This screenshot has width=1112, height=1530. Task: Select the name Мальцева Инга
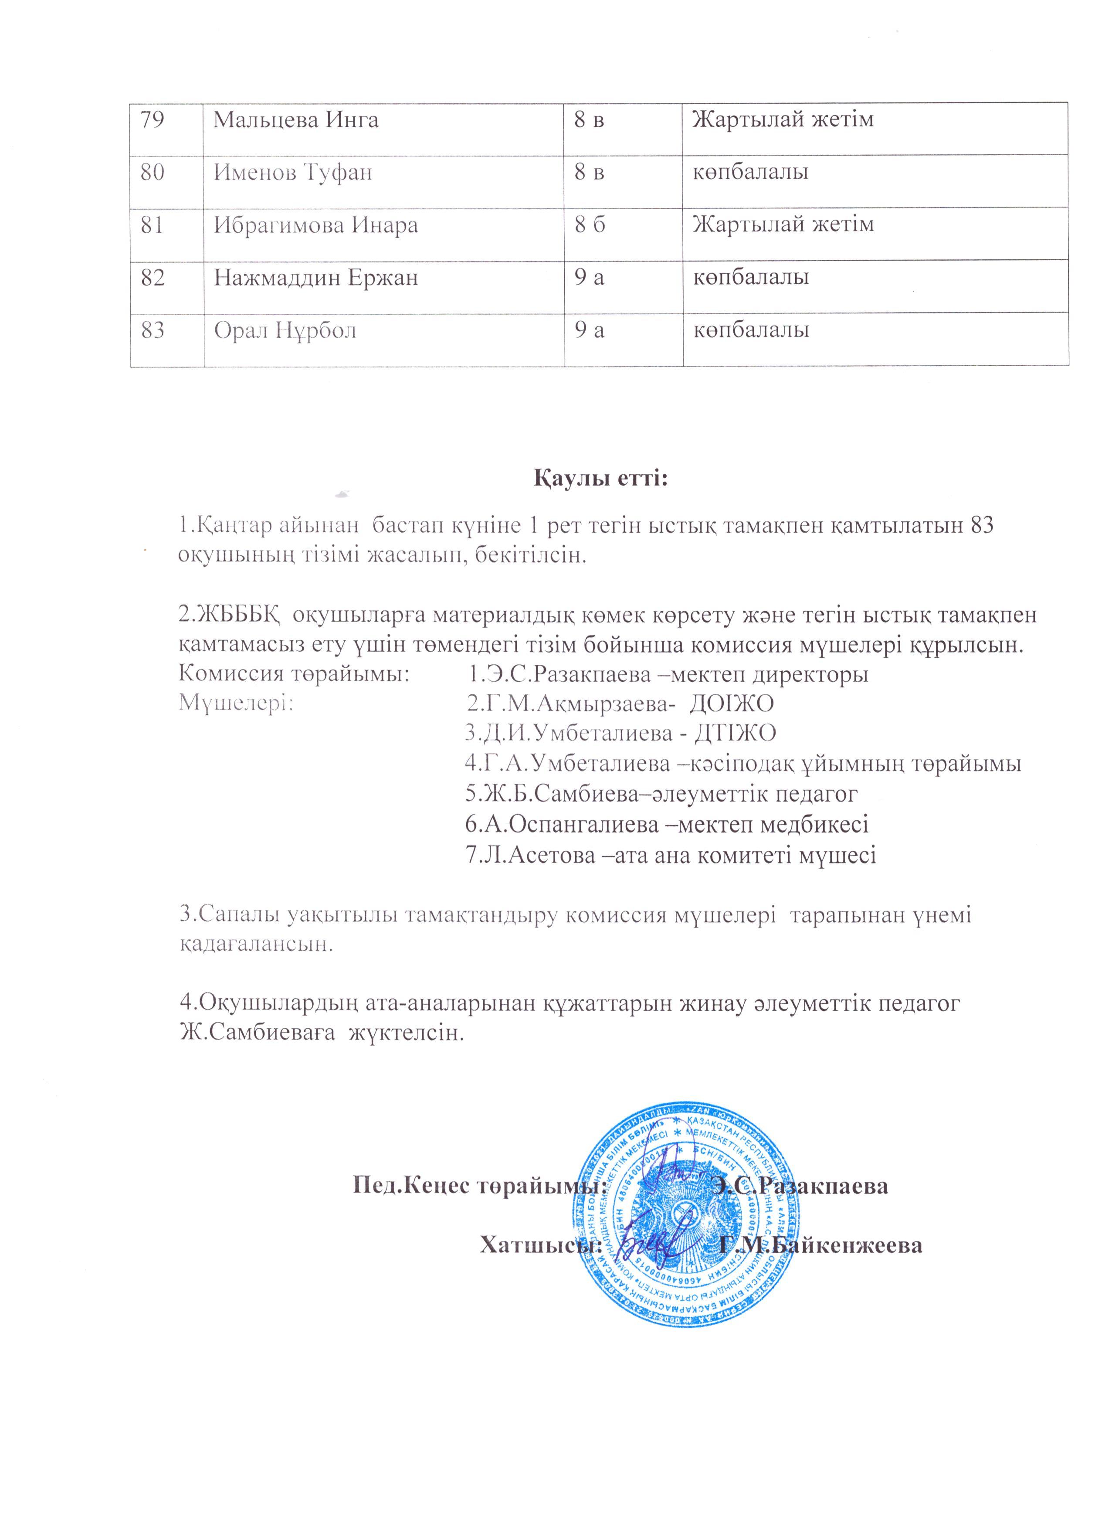coord(296,120)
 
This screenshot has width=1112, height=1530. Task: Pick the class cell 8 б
coord(590,224)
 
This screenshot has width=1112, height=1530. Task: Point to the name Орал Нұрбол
coord(285,330)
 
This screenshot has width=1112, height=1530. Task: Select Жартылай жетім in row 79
coord(783,120)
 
